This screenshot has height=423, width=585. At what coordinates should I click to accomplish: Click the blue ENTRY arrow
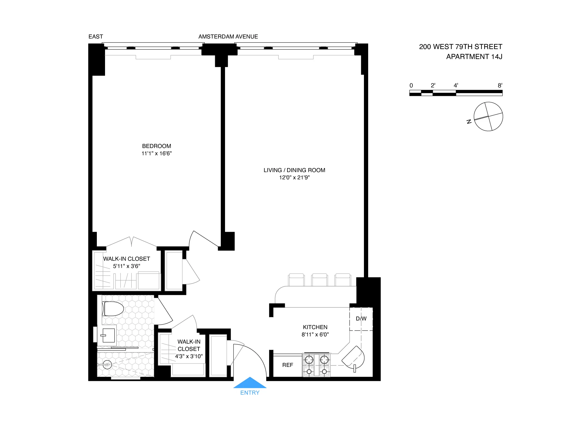[250, 383]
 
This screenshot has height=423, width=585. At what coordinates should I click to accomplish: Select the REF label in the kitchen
[287, 365]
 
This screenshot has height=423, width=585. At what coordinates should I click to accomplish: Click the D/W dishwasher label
[361, 319]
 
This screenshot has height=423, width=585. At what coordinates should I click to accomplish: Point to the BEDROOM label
[156, 146]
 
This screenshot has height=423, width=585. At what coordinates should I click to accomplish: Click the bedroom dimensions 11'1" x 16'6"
[156, 153]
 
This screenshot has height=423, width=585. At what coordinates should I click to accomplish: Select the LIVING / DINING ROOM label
[294, 170]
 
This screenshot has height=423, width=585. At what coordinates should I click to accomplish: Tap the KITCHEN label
[315, 327]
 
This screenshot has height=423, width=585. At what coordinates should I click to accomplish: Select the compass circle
[488, 116]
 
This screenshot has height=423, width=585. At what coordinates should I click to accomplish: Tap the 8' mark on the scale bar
[500, 85]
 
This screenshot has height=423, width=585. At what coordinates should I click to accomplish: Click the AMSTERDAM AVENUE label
[228, 37]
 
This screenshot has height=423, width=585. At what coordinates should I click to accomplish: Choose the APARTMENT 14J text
[474, 57]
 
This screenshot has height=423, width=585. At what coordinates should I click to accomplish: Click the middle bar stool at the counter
[319, 279]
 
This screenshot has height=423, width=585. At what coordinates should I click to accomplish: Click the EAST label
[96, 37]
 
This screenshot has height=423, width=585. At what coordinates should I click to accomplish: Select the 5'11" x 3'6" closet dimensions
[126, 266]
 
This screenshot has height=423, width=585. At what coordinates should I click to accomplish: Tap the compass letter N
[469, 122]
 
